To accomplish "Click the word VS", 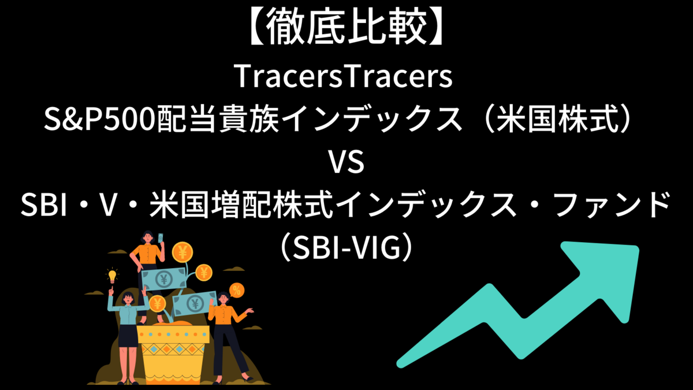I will tap(346, 164).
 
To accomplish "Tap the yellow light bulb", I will tap(112, 277).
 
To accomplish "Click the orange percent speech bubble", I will tap(236, 289).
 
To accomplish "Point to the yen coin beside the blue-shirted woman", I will tap(157, 303).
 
